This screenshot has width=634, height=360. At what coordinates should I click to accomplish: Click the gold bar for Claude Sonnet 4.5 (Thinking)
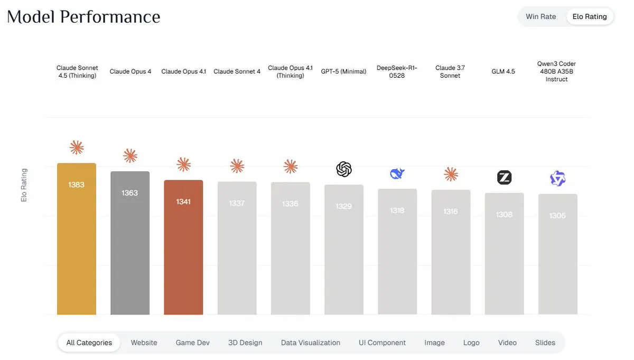click(77, 238)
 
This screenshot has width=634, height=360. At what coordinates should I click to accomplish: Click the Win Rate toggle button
click(540, 16)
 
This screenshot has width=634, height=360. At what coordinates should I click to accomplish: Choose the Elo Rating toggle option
click(590, 16)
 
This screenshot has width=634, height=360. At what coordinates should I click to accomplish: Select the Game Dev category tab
click(192, 343)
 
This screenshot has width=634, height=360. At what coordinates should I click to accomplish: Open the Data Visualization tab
click(311, 343)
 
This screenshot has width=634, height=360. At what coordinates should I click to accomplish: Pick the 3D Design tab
click(245, 343)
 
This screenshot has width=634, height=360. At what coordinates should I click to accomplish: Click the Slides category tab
click(545, 343)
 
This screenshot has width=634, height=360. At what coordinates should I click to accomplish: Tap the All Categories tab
click(89, 343)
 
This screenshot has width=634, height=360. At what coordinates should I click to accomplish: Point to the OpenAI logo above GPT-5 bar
click(344, 169)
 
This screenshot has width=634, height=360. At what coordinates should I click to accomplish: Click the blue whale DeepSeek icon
click(397, 173)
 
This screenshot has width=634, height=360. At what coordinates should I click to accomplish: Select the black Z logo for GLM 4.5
click(504, 178)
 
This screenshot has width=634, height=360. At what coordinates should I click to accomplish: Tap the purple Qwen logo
click(557, 179)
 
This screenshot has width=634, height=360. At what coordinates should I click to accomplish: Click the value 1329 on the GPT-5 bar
click(343, 206)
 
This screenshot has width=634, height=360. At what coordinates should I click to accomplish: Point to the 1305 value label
click(557, 216)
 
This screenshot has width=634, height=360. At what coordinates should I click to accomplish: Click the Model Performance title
click(83, 17)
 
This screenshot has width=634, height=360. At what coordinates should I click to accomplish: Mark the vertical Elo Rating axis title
click(24, 185)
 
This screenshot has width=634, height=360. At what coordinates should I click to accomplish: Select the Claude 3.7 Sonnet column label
click(450, 71)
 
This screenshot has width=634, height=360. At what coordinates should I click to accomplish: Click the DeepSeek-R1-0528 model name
click(397, 71)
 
